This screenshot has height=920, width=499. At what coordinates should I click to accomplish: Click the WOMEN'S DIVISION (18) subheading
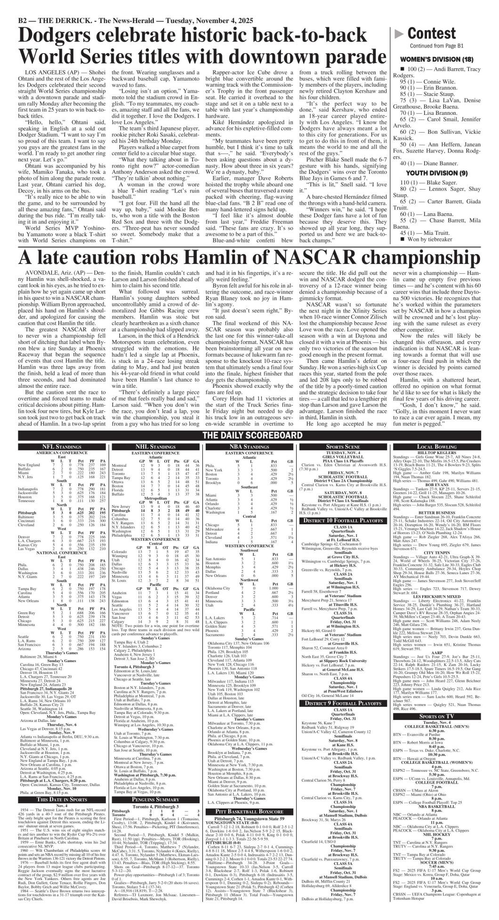click(x=436, y=59)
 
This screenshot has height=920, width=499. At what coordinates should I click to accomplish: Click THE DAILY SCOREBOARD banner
click(x=249, y=434)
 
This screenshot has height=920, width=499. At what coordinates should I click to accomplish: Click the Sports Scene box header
click(x=343, y=445)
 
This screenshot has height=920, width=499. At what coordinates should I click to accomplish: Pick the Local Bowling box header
click(x=436, y=445)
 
